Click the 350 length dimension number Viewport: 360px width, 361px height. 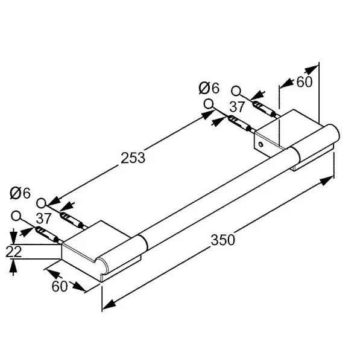[x=223, y=240]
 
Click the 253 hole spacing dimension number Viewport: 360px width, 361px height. [x=133, y=158]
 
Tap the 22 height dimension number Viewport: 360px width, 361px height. [x=14, y=251]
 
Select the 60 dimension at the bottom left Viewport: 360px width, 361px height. [x=60, y=286]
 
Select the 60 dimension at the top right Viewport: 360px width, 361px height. [x=305, y=81]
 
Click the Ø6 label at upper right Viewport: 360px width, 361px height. [x=209, y=88]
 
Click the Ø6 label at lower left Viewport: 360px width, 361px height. [x=20, y=193]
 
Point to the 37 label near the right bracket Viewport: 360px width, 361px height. [x=237, y=107]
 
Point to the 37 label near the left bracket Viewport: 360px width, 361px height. [x=43, y=219]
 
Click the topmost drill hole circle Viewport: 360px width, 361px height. [x=236, y=91]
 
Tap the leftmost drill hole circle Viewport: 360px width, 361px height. [x=16, y=216]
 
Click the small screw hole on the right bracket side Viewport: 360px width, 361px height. [x=261, y=145]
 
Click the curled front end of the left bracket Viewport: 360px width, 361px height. [x=101, y=266]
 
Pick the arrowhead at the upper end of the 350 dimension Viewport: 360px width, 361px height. [x=327, y=180]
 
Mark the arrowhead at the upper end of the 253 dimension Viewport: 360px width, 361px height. [x=208, y=115]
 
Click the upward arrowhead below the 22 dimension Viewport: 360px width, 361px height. [x=13, y=265]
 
